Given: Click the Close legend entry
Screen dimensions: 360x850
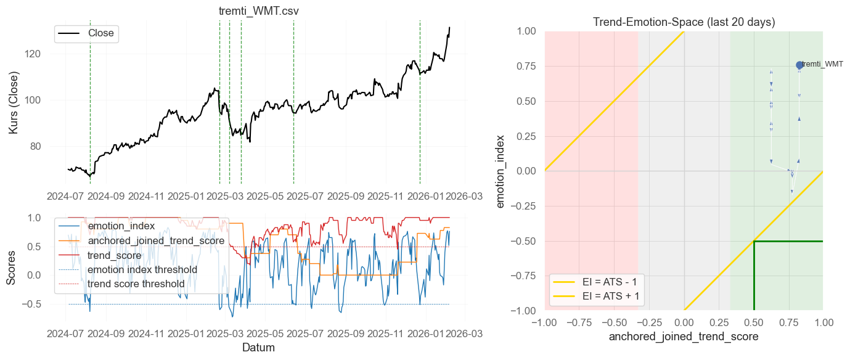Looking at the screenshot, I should pyautogui.click(x=100, y=33).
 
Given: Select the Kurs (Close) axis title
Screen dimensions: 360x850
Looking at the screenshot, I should pyautogui.click(x=14, y=103).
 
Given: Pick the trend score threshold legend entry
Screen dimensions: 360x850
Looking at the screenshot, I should pyautogui.click(x=136, y=284).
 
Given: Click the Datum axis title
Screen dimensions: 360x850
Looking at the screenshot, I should pyautogui.click(x=258, y=348).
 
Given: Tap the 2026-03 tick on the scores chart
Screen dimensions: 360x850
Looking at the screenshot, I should pyautogui.click(x=465, y=333).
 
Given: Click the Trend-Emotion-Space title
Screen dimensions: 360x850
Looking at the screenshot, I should pyautogui.click(x=684, y=22).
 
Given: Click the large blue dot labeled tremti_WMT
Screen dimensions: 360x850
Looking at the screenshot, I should pyautogui.click(x=799, y=65).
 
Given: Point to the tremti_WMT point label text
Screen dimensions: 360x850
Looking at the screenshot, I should pyautogui.click(x=822, y=64).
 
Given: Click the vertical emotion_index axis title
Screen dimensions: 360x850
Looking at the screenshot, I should pyautogui.click(x=501, y=171).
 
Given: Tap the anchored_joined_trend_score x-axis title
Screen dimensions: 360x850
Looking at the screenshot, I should pyautogui.click(x=684, y=337).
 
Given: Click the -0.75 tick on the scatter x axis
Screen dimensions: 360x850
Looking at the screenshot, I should pyautogui.click(x=579, y=322).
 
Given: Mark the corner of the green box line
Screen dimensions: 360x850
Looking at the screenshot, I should pyautogui.click(x=754, y=241).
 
